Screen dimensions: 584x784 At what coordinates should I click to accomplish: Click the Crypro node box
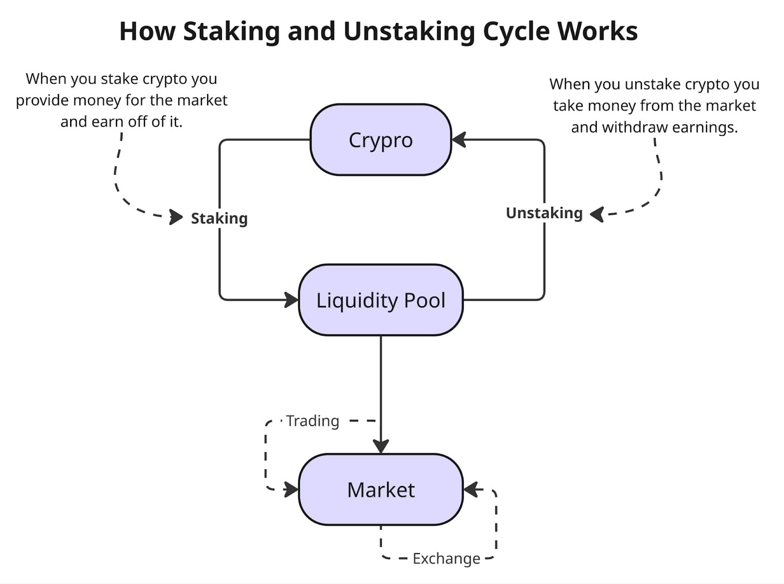[x=381, y=140]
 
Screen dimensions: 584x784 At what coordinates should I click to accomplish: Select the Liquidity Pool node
[x=381, y=300]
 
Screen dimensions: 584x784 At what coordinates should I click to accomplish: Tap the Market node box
[x=381, y=489]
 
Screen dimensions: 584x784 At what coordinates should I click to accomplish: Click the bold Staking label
[x=219, y=218]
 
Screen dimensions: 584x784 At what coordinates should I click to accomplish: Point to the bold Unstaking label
[x=544, y=213]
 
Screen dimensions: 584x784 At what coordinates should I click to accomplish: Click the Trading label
[x=313, y=421]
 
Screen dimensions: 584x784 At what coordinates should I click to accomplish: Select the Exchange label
[x=446, y=559]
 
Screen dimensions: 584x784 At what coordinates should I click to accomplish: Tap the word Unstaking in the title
[x=409, y=31]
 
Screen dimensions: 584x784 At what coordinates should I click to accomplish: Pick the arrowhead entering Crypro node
[x=458, y=140]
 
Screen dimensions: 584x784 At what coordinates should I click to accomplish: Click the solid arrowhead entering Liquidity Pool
[x=292, y=300]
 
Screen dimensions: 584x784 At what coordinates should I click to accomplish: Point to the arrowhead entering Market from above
[x=381, y=446]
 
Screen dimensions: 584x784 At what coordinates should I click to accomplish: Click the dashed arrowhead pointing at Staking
[x=175, y=217]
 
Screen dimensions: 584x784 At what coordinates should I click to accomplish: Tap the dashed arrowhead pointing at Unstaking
[x=597, y=214]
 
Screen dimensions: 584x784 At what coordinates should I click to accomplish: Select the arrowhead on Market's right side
[x=470, y=489]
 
